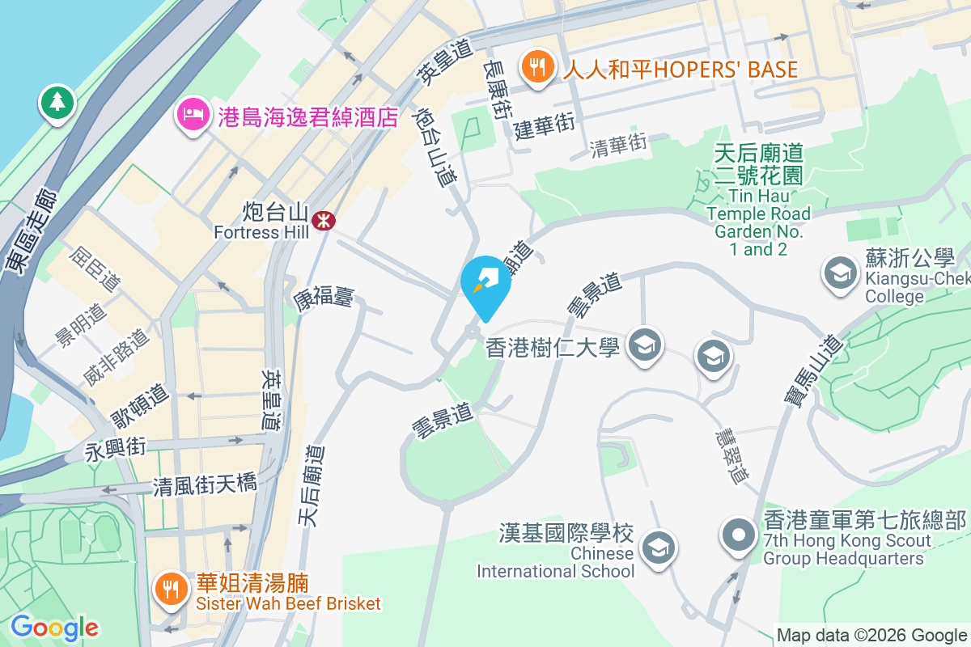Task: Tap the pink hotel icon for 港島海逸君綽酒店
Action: (x=193, y=115)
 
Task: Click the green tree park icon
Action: (x=57, y=103)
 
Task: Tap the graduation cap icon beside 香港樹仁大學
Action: (x=645, y=347)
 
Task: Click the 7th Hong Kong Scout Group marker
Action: (x=739, y=535)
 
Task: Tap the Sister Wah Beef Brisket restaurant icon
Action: (x=170, y=587)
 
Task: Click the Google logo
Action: (x=54, y=628)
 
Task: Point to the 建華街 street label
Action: (x=544, y=125)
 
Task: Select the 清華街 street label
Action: (x=619, y=146)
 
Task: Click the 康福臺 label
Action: (x=323, y=296)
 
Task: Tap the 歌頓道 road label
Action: (x=139, y=406)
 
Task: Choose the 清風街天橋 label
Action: (x=205, y=485)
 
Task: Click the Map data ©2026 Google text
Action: (x=872, y=635)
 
